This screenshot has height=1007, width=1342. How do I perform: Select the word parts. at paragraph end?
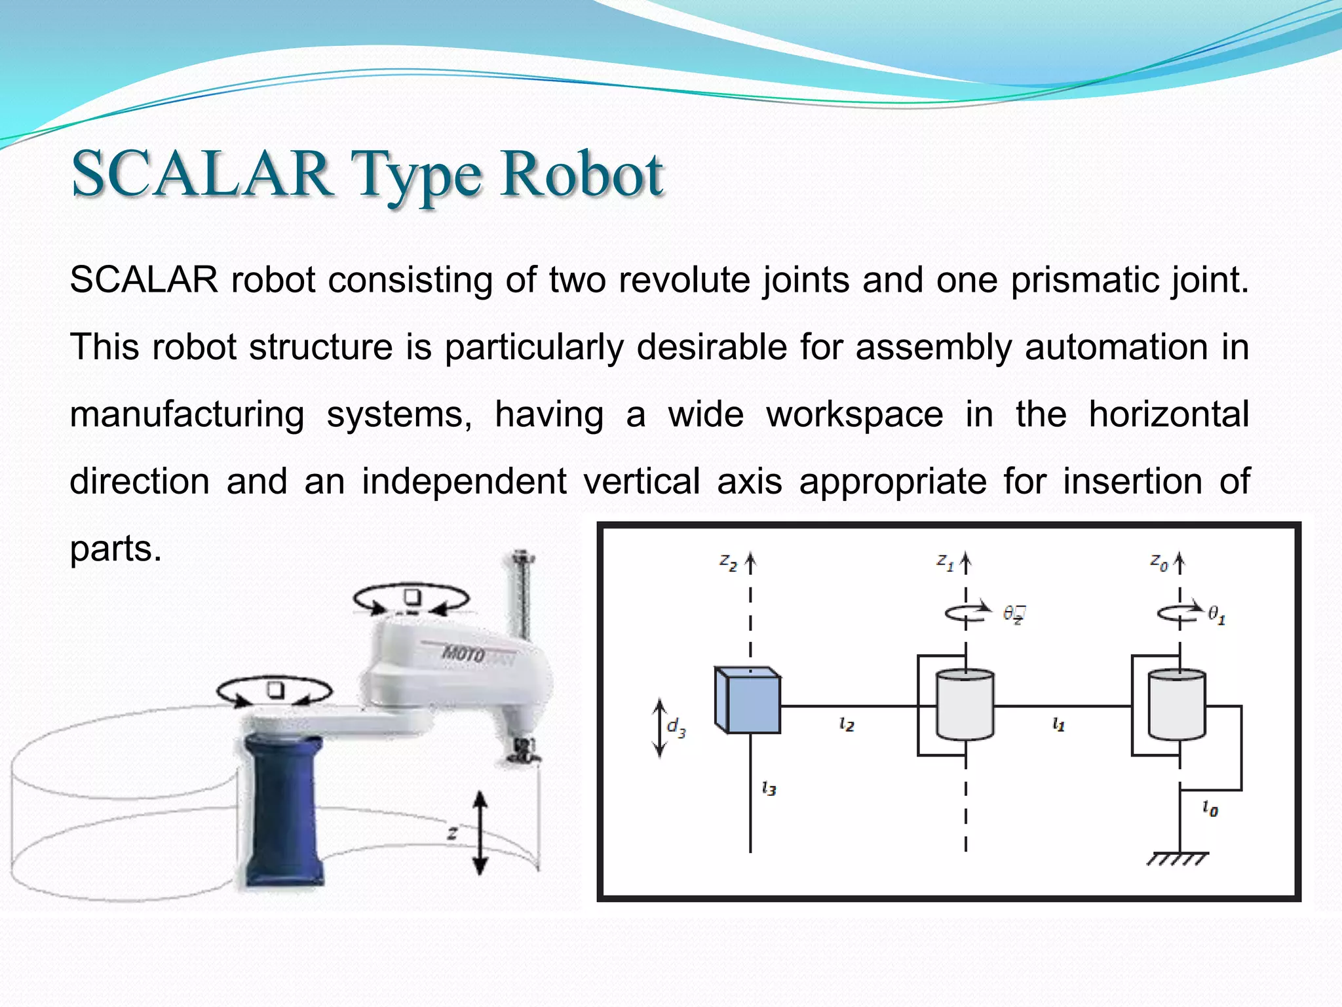pyautogui.click(x=115, y=548)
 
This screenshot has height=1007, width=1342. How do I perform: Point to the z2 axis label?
pyautogui.click(x=728, y=562)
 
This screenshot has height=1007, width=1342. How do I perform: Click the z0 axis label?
pyautogui.click(x=1158, y=562)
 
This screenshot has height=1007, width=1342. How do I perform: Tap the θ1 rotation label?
pyautogui.click(x=1216, y=615)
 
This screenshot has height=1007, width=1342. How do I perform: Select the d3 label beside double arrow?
pyautogui.click(x=676, y=727)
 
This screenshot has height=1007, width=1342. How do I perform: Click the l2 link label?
pyautogui.click(x=846, y=724)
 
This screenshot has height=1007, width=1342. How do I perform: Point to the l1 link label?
pyautogui.click(x=1058, y=724)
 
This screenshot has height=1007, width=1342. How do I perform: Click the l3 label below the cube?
pyautogui.click(x=769, y=788)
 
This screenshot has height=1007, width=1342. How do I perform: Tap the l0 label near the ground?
pyautogui.click(x=1210, y=809)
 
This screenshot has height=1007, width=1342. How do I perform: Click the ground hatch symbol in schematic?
pyautogui.click(x=1178, y=859)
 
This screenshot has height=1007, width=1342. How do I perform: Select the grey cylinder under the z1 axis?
pyautogui.click(x=965, y=705)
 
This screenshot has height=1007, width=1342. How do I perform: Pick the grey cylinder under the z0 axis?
pyautogui.click(x=1177, y=705)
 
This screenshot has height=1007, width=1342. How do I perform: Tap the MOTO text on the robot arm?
pyautogui.click(x=464, y=654)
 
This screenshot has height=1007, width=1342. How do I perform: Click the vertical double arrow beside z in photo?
pyautogui.click(x=480, y=833)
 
